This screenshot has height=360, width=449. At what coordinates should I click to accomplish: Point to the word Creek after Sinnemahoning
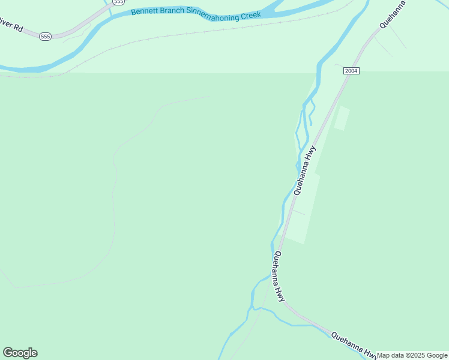coord(250,15)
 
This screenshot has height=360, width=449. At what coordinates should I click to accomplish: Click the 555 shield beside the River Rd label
coord(46,37)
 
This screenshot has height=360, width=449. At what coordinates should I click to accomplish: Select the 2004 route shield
coord(351,71)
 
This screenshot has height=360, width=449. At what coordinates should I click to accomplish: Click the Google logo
coord(20,353)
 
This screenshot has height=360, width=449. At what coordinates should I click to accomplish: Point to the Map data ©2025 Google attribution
coord(412,355)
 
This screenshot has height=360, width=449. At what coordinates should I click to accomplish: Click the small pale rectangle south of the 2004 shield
coord(341,118)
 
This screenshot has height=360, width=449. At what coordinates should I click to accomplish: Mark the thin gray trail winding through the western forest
coord(114,198)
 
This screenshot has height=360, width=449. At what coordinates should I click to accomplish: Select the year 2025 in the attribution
coord(417,355)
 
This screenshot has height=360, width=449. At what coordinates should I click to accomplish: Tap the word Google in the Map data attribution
coord(437,355)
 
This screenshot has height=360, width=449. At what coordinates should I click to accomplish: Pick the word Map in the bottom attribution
coord(384,355)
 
